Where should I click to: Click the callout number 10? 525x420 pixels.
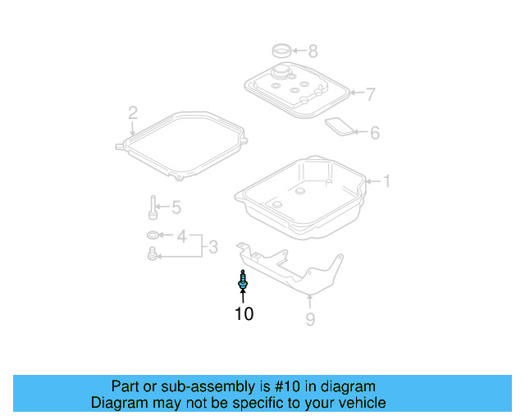pos(244,313)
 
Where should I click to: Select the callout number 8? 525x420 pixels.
pos(313,50)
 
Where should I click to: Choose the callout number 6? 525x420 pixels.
pos(374,132)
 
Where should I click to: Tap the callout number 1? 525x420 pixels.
pos(387,181)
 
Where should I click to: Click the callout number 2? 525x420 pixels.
pos(132,112)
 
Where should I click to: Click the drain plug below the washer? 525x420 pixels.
pos(153,257)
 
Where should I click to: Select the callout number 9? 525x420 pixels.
pos(310,319)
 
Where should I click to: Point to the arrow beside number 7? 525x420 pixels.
pos(356,94)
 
